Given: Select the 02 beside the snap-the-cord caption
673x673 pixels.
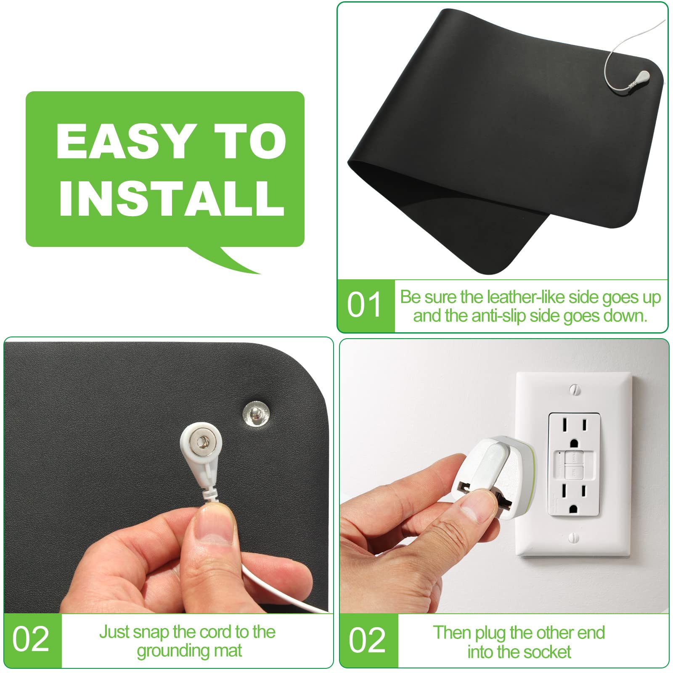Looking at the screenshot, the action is pos(31,640).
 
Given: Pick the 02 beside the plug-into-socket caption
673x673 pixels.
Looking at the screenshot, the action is pos(367,641).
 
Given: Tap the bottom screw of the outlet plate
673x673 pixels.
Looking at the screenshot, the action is pos(574,538).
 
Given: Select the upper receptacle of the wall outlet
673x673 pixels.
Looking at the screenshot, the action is pos(574,431).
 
